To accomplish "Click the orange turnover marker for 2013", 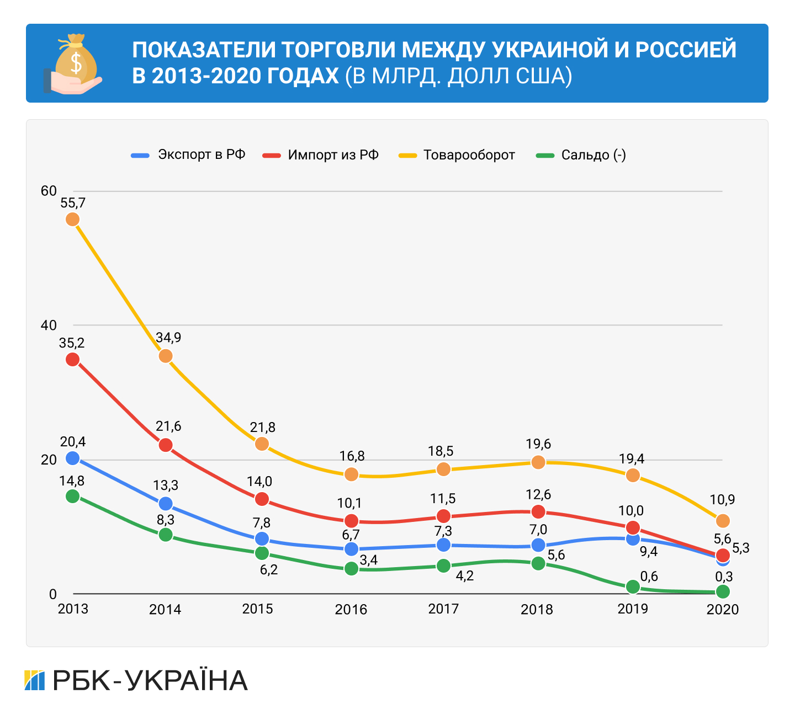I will (73, 220).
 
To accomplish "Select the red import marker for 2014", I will (166, 445).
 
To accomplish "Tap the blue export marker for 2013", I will (73, 458).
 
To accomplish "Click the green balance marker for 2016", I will (352, 568).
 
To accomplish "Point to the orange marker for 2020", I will (723, 521).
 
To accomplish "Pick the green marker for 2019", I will (633, 587).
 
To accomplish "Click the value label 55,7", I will (73, 203).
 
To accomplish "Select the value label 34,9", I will (168, 338).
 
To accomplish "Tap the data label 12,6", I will (538, 494).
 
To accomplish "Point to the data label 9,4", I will (649, 551).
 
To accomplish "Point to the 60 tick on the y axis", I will (49, 191).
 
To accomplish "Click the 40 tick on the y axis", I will (49, 325).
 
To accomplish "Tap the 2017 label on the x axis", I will (443, 609).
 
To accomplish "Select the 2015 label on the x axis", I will (258, 609).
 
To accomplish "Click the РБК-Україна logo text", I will (149, 681).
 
